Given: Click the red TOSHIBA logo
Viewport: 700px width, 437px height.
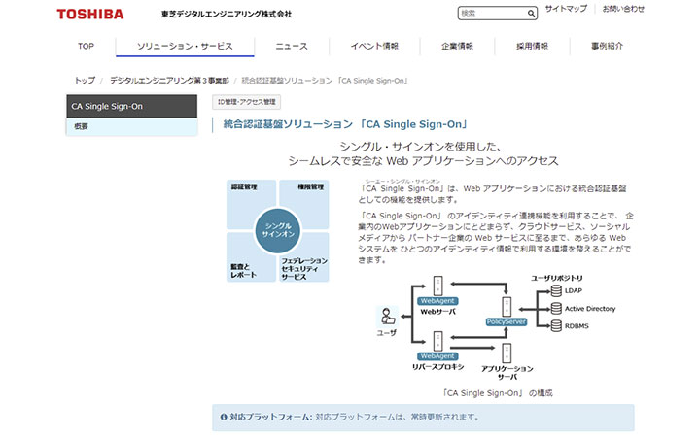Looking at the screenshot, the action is [x=90, y=14].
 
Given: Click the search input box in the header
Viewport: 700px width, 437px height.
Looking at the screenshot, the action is [x=492, y=14].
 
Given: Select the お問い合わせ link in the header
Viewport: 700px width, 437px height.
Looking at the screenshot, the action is [x=650, y=9].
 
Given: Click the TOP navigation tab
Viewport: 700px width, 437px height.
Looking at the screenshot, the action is [x=86, y=46].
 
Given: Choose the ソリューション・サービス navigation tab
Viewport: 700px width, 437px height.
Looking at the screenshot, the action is [x=185, y=46].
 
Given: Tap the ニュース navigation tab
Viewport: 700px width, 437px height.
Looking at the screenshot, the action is [x=291, y=46].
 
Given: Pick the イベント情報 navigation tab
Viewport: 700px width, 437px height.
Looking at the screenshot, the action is [x=374, y=46].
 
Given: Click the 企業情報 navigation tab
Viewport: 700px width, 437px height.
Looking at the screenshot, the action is [x=457, y=46].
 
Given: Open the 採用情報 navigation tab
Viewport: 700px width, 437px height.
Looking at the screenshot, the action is [x=532, y=46].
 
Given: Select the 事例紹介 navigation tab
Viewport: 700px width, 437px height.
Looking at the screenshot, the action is [x=607, y=46].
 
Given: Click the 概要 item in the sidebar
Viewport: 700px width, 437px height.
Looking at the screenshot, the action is [x=82, y=126].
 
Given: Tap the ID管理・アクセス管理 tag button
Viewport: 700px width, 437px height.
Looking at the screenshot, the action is [x=246, y=101].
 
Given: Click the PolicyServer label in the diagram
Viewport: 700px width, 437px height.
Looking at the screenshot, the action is [x=506, y=321].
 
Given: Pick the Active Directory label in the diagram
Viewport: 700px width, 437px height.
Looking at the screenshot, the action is [x=589, y=309].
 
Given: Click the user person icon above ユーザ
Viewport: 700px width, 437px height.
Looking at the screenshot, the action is [x=387, y=316].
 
